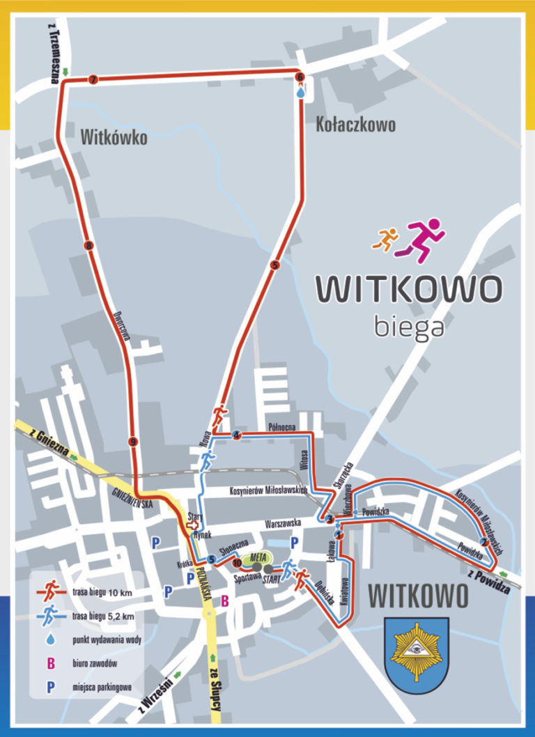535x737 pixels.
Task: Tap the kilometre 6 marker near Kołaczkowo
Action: (x=300, y=77)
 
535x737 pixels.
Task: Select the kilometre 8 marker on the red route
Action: (x=88, y=245)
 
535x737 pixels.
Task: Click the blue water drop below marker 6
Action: (x=301, y=91)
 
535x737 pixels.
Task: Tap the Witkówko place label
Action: (x=114, y=137)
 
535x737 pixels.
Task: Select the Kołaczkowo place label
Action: (x=356, y=125)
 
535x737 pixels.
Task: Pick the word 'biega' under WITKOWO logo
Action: (x=408, y=326)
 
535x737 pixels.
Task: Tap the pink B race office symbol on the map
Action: (x=225, y=600)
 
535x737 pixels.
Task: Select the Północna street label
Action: (x=283, y=426)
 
